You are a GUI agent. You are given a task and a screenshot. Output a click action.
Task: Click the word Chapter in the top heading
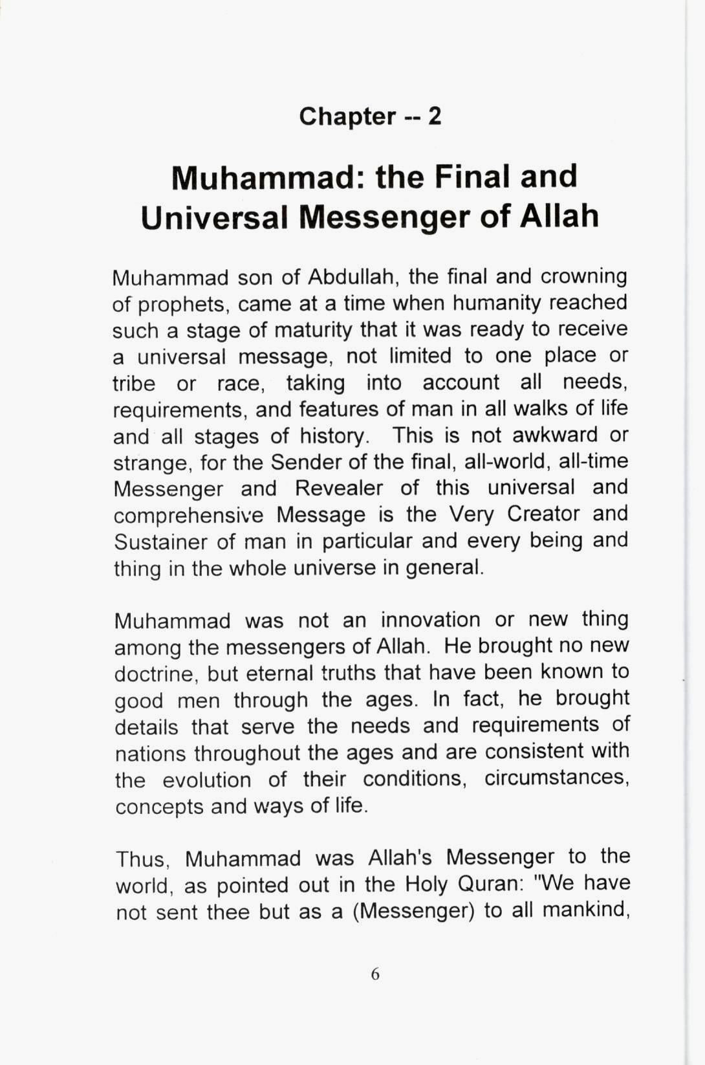(347, 116)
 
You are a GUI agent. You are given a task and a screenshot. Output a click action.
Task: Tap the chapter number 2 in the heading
(435, 116)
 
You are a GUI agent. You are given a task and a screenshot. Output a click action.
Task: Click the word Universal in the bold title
(213, 217)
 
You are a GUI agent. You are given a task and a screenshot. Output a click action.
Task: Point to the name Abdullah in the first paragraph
(348, 277)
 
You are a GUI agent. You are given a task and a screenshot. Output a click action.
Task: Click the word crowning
(584, 277)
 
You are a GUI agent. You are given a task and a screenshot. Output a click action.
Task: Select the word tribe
(134, 383)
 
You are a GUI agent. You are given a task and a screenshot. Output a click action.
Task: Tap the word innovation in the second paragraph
(429, 620)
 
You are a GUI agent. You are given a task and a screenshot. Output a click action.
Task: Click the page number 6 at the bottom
(375, 974)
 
